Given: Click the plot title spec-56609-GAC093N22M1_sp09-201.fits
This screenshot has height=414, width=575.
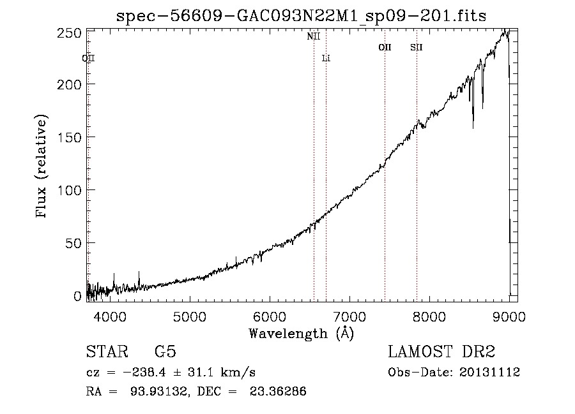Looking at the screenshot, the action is point(301,16).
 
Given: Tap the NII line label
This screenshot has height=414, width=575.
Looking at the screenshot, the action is point(314,36).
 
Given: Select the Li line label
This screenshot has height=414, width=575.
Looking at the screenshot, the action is point(326,58).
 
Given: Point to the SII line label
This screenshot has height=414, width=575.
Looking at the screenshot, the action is point(417,47).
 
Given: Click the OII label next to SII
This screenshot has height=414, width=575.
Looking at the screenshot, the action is point(385,47).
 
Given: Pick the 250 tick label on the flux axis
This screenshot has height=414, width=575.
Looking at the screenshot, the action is point(69,33).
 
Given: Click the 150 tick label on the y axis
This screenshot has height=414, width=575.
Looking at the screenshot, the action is point(69,138).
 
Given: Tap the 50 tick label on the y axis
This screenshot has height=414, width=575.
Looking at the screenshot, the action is point(73,244).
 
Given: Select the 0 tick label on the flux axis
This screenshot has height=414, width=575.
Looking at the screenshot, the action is point(77,296).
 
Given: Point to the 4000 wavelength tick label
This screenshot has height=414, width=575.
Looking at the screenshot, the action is point(110,316).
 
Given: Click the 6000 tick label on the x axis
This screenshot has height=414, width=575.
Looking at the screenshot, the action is point(270,316).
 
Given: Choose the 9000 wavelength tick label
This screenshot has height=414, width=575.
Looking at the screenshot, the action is point(509,316).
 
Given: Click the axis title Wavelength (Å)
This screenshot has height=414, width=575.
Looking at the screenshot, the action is point(302,334).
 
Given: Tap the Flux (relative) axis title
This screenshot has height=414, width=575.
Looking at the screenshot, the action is point(41,166).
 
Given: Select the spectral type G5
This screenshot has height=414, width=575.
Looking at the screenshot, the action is point(165,351).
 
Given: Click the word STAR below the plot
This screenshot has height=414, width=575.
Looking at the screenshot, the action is point(107,351).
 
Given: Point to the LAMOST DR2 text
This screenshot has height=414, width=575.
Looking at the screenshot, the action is point(441,351).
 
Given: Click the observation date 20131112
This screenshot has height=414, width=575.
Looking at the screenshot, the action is point(489,373).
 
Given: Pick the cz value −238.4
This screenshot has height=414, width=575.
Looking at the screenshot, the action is point(144,373).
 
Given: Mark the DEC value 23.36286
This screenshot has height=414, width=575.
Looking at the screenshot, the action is point(278,392).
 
